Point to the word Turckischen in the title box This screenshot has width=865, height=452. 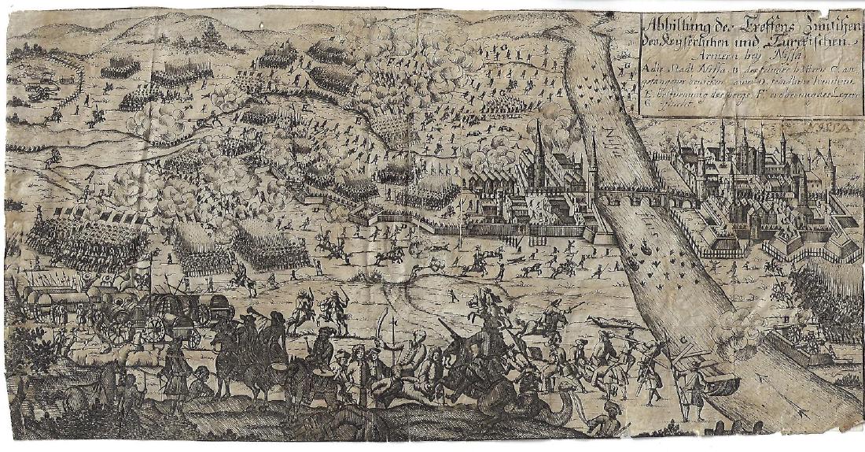[x=802, y=43]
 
